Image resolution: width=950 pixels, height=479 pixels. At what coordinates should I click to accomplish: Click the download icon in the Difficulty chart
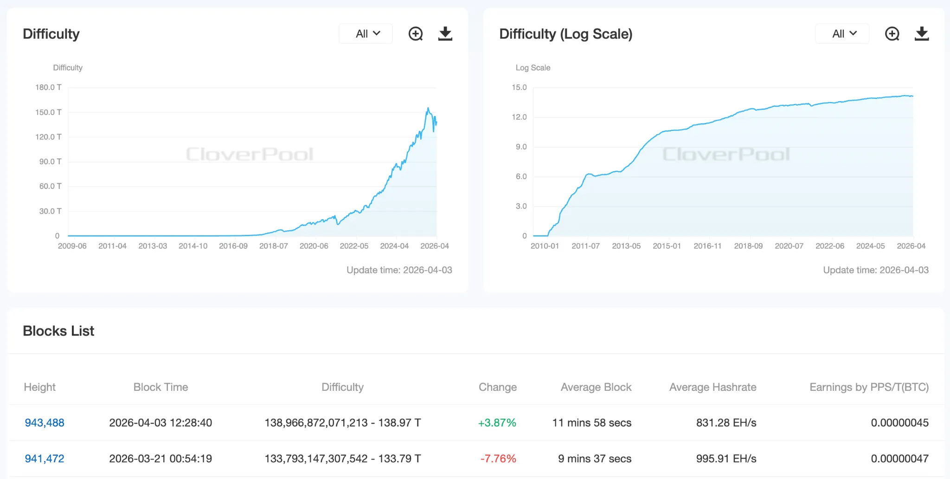click(445, 34)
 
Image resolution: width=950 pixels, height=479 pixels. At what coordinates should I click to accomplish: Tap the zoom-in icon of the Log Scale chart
click(892, 34)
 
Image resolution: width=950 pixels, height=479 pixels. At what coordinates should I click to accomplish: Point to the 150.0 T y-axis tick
click(48, 112)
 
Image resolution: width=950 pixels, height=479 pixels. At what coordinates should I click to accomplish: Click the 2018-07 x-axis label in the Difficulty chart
click(273, 246)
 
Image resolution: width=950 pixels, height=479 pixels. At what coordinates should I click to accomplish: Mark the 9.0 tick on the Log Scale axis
click(521, 147)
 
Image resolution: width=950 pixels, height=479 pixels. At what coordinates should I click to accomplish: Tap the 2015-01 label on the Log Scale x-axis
click(667, 246)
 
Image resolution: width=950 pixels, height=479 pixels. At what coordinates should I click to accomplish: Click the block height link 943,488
click(45, 423)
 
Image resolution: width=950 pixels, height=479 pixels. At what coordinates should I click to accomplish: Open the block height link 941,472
click(45, 459)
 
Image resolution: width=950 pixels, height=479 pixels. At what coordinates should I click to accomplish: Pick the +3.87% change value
click(497, 423)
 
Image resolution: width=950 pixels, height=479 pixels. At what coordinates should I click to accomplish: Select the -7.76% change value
click(498, 459)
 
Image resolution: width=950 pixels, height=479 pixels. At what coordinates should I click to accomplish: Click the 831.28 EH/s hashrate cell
click(726, 423)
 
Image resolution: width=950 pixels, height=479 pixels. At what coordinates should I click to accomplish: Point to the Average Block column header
click(596, 387)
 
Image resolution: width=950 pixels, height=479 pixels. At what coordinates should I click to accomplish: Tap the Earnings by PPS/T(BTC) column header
click(869, 387)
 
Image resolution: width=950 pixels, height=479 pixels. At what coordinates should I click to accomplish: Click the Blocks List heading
click(58, 331)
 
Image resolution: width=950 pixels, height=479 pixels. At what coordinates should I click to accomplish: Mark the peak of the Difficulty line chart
click(428, 108)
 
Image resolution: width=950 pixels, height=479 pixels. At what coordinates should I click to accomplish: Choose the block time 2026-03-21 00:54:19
click(160, 459)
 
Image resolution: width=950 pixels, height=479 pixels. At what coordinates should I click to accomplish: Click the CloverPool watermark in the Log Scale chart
click(726, 154)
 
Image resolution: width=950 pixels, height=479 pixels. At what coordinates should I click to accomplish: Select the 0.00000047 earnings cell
click(899, 459)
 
